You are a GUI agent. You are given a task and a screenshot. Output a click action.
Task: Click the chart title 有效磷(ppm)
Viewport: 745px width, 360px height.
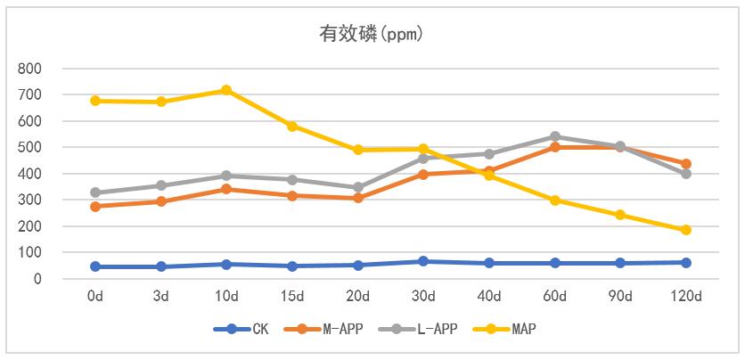pyautogui.click(x=372, y=35)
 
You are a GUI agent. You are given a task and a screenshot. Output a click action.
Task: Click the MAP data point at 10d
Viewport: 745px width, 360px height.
pyautogui.click(x=226, y=90)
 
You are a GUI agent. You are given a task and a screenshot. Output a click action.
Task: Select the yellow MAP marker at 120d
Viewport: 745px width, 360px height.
pyautogui.click(x=686, y=230)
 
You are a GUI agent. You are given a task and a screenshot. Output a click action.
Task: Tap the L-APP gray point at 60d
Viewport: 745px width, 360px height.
pyautogui.click(x=554, y=137)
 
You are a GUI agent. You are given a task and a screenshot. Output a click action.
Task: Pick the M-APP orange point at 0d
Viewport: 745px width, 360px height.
pyautogui.click(x=95, y=207)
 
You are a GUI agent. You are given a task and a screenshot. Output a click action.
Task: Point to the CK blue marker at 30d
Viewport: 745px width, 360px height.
pyautogui.click(x=423, y=261)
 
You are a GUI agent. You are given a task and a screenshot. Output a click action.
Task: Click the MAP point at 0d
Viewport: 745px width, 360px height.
pyautogui.click(x=95, y=101)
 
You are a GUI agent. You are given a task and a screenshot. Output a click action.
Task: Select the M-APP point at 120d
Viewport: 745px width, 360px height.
pyautogui.click(x=686, y=164)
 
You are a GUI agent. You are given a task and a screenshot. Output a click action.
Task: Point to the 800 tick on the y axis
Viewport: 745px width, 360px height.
pyautogui.click(x=29, y=69)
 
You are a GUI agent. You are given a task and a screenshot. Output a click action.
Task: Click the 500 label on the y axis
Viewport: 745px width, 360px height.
pyautogui.click(x=29, y=147)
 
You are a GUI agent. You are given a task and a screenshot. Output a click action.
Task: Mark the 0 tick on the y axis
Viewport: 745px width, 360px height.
pyautogui.click(x=37, y=279)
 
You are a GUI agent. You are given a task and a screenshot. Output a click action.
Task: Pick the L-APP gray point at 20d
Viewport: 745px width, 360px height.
pyautogui.click(x=357, y=188)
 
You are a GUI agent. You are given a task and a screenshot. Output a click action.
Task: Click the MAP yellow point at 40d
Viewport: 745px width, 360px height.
pyautogui.click(x=489, y=176)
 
